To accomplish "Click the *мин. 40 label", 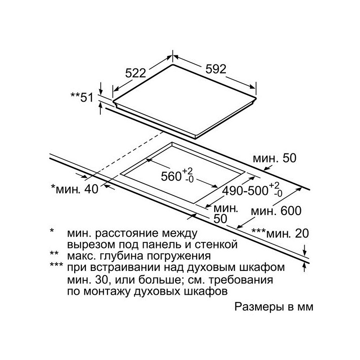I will [x=74, y=189].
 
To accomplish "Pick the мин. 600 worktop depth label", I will [x=276, y=210].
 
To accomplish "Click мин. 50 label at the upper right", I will [x=275, y=158].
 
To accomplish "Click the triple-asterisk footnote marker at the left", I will [x=56, y=267].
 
